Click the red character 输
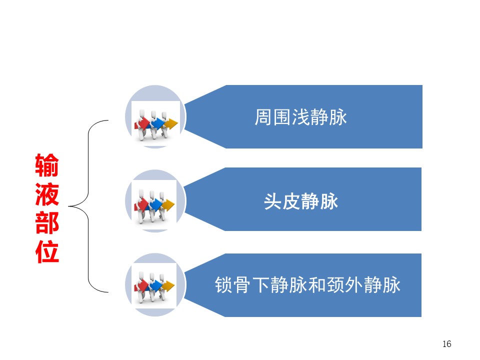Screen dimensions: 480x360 [47, 165]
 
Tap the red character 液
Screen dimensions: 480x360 [47, 194]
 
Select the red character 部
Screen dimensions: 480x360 [47, 223]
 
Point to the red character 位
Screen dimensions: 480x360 [47, 252]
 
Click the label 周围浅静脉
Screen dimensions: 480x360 [300, 117]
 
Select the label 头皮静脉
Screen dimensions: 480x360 [301, 201]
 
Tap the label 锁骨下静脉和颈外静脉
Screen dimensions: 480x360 [307, 284]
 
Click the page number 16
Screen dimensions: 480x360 [446, 344]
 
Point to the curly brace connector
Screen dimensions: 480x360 [88, 206]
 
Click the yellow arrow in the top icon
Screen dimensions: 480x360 [171, 123]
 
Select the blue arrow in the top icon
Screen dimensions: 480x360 [158, 123]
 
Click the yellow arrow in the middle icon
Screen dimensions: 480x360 [168, 205]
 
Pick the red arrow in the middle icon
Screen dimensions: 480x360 [141, 205]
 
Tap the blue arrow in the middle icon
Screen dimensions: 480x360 [155, 205]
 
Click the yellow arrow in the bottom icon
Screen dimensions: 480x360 [168, 286]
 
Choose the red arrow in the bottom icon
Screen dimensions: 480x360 [141, 286]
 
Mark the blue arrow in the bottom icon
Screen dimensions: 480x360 [155, 286]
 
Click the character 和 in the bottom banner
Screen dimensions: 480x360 [317, 284]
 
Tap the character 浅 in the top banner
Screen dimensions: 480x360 [300, 117]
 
